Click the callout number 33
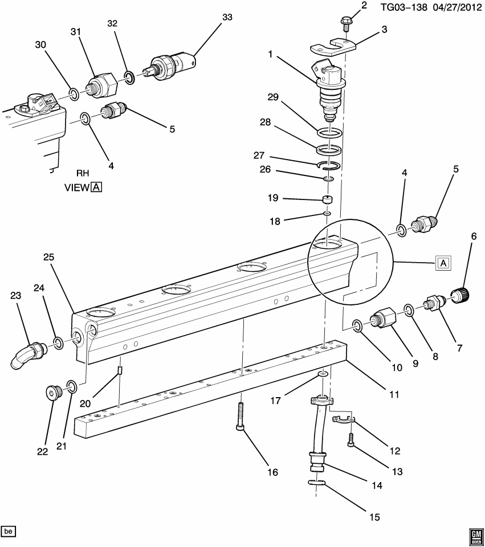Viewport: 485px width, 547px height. tap(227, 18)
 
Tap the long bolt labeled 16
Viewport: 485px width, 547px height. tap(241, 417)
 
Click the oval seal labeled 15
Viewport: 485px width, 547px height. tap(318, 483)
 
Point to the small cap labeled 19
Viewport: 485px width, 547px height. tap(327, 200)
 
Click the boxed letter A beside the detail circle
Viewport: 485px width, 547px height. tap(443, 262)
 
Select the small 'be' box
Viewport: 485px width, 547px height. tap(8, 532)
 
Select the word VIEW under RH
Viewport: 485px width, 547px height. tap(76, 187)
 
